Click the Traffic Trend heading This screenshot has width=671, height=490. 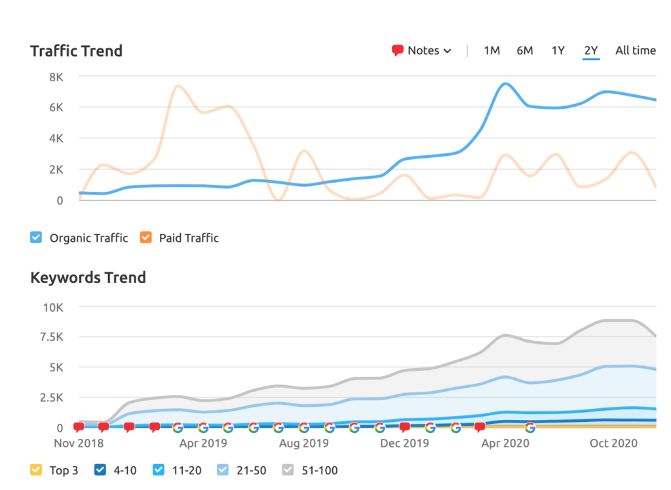(x=76, y=50)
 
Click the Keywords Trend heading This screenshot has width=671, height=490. (x=88, y=277)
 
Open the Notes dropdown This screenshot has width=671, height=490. (x=422, y=50)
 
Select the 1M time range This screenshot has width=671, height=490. (x=491, y=50)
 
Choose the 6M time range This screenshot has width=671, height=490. (x=524, y=50)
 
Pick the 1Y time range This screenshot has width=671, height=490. (x=558, y=50)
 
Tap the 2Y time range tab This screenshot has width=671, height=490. (x=591, y=50)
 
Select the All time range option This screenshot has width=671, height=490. (x=635, y=50)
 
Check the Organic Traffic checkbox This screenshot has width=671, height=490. (x=37, y=238)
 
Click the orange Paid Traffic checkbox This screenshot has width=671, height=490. (x=146, y=238)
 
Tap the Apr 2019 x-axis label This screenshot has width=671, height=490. (x=202, y=443)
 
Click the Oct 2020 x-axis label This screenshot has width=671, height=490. (x=613, y=443)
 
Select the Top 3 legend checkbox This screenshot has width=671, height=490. (x=37, y=470)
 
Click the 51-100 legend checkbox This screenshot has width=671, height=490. (x=289, y=470)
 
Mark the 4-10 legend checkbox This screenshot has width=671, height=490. (x=100, y=470)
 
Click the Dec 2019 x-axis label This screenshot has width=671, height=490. (x=404, y=443)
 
